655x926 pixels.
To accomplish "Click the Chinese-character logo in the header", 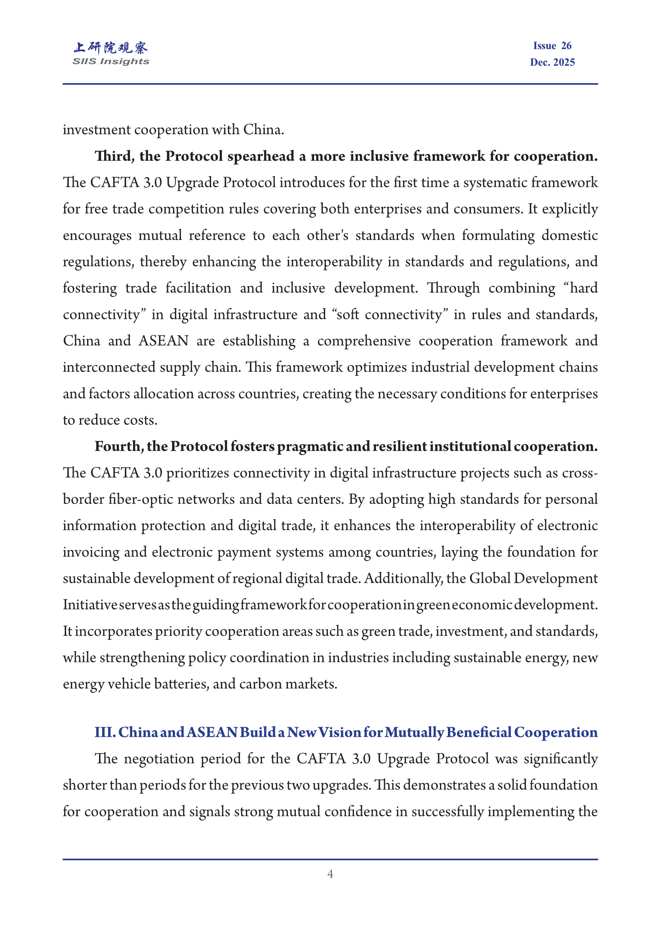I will pos(110,48).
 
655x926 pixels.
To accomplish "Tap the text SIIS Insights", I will pos(110,61).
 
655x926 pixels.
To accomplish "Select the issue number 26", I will pos(566,46).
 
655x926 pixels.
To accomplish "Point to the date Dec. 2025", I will pos(552,62).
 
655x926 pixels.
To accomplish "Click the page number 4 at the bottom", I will pos(330,874).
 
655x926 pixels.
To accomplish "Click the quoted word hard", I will pos(584,288).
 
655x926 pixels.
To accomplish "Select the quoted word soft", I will pos(347,315).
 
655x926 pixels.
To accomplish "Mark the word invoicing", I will pos(91,552).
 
